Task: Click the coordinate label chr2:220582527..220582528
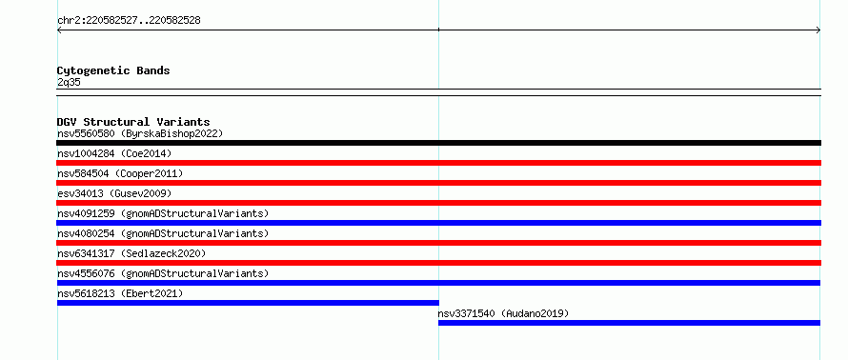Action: (129, 21)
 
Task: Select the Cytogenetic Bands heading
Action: (113, 70)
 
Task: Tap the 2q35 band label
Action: (69, 83)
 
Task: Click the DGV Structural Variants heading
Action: (133, 122)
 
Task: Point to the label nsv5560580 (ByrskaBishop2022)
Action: (140, 133)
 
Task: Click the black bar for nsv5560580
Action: (438, 143)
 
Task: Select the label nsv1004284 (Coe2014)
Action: (114, 153)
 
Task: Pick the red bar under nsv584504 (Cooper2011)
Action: (438, 183)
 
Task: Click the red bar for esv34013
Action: (438, 203)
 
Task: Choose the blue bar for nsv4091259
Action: (438, 223)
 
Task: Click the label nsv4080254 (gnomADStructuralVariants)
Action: (163, 233)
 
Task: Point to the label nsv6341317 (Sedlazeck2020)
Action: (131, 253)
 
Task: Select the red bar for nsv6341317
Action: (438, 263)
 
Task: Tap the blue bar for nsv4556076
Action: (438, 283)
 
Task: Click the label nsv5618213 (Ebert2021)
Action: (120, 293)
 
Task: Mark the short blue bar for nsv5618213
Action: (248, 303)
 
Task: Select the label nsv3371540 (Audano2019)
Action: (503, 313)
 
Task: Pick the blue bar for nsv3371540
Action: (630, 323)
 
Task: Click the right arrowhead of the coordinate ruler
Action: (818, 30)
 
